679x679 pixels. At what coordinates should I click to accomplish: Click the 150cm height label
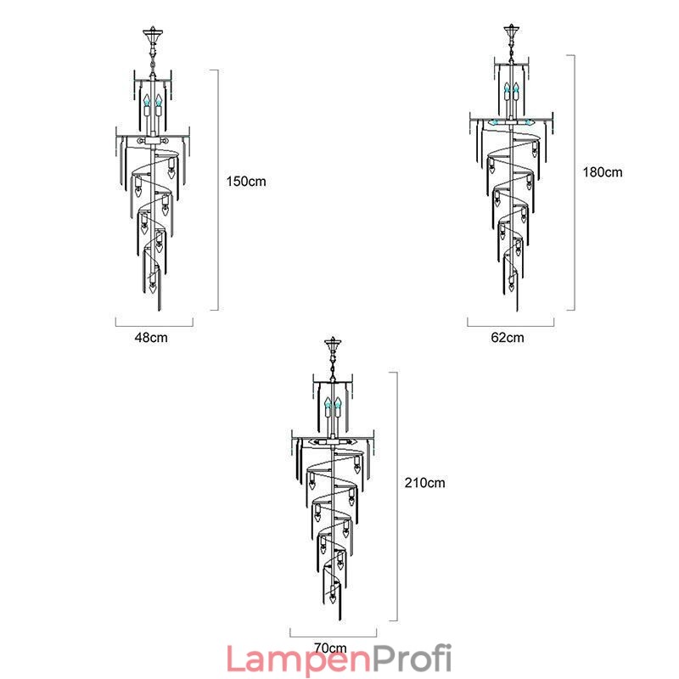pos(246,182)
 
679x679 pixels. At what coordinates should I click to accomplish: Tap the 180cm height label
pos(603,172)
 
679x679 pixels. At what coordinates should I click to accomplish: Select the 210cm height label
pos(425,483)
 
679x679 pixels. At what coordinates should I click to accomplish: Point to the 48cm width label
pos(151,337)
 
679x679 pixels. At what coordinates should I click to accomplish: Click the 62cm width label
pos(508,337)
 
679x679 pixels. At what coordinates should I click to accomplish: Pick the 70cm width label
pos(330,648)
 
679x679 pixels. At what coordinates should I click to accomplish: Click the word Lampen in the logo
pos(300,659)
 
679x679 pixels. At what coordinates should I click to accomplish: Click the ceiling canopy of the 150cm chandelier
pos(153,33)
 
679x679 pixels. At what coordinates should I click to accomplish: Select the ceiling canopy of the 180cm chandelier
pos(512,31)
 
